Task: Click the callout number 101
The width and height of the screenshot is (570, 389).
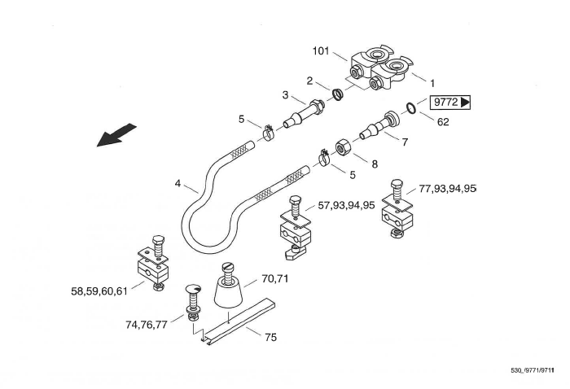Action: click(x=321, y=51)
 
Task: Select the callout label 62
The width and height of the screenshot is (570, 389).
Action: click(x=443, y=122)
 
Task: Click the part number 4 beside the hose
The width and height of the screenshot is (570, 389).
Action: click(x=177, y=184)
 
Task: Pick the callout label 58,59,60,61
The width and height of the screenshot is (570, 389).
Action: click(x=100, y=290)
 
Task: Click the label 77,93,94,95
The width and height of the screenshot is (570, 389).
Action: click(x=446, y=189)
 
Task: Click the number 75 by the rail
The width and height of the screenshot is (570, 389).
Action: click(x=270, y=337)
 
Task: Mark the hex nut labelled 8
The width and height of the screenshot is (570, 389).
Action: click(x=343, y=146)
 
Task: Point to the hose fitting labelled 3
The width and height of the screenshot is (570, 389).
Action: click(x=298, y=112)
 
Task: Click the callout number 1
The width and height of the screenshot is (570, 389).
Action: click(x=432, y=83)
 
